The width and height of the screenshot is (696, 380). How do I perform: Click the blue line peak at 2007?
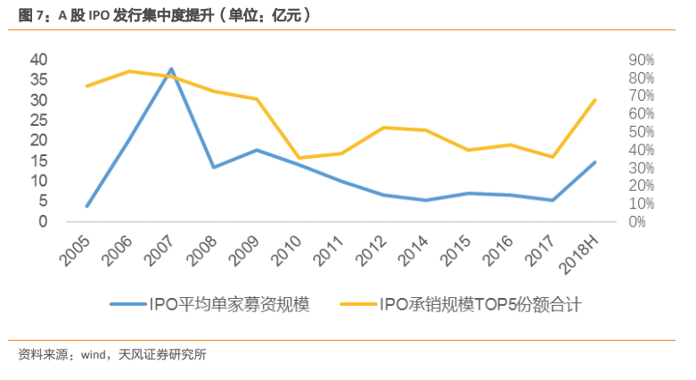tap(171, 69)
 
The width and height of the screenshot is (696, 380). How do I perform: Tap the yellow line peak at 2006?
tap(129, 70)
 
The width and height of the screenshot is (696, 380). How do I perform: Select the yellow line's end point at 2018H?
tap(594, 100)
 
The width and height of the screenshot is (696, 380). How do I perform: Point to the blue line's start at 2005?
tap(87, 206)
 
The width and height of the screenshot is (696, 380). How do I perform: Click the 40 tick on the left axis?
tap(38, 59)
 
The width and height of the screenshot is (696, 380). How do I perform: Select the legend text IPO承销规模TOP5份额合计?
tap(480, 305)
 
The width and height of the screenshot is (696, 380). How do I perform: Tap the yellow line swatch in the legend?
tap(356, 305)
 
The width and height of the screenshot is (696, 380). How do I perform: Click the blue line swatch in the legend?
tap(131, 305)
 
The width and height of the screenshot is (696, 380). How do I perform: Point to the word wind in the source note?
tap(95, 355)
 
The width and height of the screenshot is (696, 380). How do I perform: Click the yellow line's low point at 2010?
tap(299, 158)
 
